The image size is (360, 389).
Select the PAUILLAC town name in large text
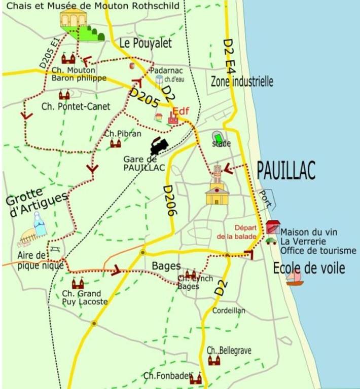point(286,170)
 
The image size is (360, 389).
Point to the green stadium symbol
point(219,137)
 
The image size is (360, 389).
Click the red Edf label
point(180,111)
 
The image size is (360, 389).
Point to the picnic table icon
point(56,248)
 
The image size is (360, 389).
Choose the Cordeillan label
point(229,310)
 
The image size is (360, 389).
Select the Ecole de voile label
point(309,268)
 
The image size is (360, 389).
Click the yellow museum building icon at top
point(71,20)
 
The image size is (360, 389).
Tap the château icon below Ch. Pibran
point(116,144)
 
